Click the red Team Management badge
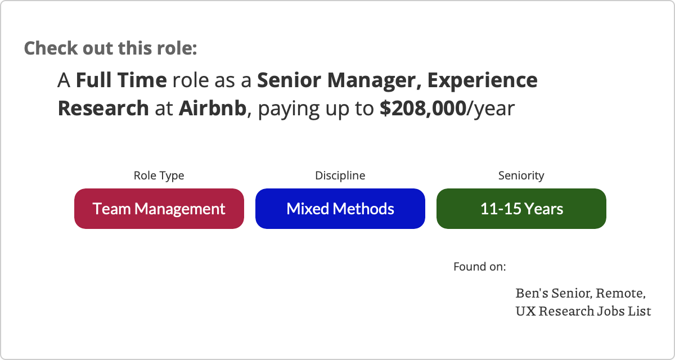tap(159, 209)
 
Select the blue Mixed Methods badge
tap(340, 209)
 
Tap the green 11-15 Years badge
tap(521, 209)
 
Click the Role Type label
tap(159, 175)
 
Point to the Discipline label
tap(340, 175)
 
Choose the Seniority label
tap(521, 175)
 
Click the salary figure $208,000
tap(423, 108)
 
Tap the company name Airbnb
tap(213, 108)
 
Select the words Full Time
tap(121, 80)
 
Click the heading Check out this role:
tap(110, 48)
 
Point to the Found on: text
tap(480, 267)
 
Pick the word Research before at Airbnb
tap(103, 108)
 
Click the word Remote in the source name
tap(620, 293)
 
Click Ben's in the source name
tap(532, 293)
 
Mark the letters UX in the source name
tap(526, 311)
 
